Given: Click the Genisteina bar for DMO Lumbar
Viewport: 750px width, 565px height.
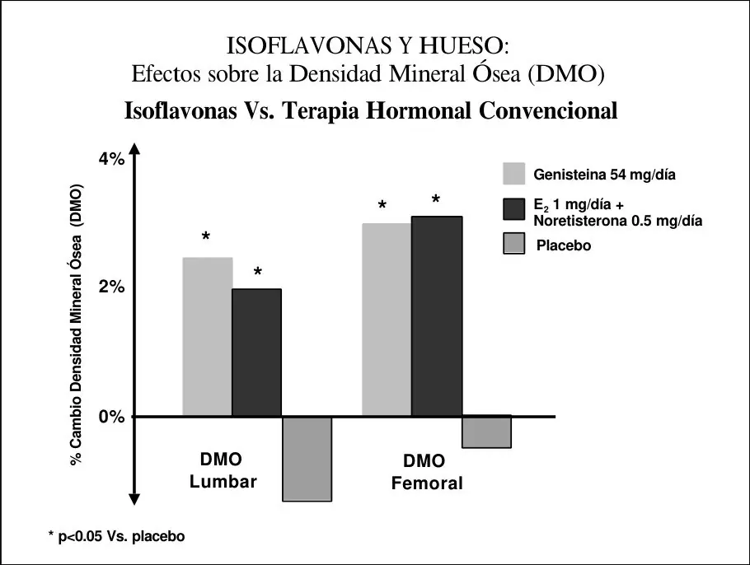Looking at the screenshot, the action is click(x=208, y=337).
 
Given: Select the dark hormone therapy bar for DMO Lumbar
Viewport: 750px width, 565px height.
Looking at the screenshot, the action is click(x=257, y=353).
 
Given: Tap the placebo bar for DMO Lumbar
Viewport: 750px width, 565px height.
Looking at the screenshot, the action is click(x=307, y=459).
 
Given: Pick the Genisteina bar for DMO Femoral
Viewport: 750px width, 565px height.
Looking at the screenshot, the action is click(x=387, y=320).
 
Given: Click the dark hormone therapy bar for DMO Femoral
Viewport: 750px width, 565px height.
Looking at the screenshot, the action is click(x=437, y=316).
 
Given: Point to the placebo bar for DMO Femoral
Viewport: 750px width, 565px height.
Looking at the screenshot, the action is click(x=487, y=432).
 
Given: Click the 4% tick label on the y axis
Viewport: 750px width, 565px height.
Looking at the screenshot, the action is click(x=111, y=159).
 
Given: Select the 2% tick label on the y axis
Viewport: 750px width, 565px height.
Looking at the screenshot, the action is click(x=111, y=287).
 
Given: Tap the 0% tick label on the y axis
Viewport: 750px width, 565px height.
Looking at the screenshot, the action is click(x=111, y=417).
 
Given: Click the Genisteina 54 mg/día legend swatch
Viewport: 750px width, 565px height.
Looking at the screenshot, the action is click(x=513, y=174).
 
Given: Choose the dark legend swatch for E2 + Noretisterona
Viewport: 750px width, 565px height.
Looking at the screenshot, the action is click(x=513, y=209).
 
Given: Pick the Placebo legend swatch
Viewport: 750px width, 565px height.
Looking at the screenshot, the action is click(x=513, y=243).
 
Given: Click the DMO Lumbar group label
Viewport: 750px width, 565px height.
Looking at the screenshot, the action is click(x=223, y=470).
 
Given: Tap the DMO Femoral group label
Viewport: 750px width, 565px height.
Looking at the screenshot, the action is click(x=427, y=472).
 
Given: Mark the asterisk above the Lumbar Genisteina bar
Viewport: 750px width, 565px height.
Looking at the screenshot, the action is click(x=206, y=236).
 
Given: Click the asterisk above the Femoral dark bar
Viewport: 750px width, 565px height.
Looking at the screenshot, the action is click(x=435, y=198).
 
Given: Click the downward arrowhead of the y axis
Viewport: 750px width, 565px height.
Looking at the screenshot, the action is click(x=135, y=499).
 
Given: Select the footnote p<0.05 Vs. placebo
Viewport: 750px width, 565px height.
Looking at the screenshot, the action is click(x=117, y=536).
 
